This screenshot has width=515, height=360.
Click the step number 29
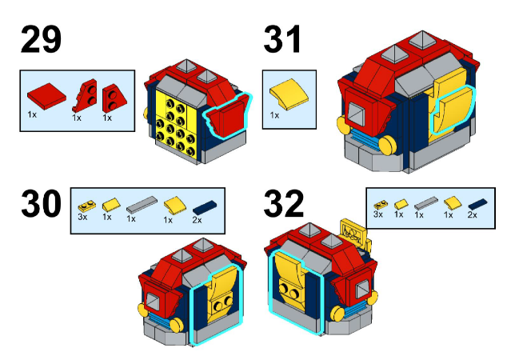click(x=41, y=40)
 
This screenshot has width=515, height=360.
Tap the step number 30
click(x=41, y=203)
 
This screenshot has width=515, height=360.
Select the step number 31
click(x=282, y=40)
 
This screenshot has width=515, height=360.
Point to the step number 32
click(x=284, y=203)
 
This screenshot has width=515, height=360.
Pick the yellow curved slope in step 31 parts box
click(x=289, y=94)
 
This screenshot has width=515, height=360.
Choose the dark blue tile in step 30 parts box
click(x=205, y=207)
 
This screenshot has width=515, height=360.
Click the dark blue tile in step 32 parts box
click(x=477, y=204)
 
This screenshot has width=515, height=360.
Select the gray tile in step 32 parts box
click(x=426, y=203)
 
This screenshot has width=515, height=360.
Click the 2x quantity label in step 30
click(x=197, y=220)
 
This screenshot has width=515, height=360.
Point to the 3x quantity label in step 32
click(x=378, y=214)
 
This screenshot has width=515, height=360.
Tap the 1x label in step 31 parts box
click(x=274, y=115)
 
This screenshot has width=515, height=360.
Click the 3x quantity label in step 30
click(x=82, y=217)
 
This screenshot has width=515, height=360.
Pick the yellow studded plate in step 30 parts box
click(x=87, y=206)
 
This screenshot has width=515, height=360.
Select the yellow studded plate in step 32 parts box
click(x=381, y=205)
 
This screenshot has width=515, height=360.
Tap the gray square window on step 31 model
click(x=356, y=114)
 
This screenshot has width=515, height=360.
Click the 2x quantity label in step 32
click(x=473, y=214)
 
